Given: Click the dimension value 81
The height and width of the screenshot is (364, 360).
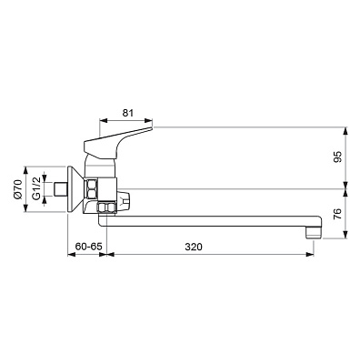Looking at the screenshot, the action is (x=127, y=113).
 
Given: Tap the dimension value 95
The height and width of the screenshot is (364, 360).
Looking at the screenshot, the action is (x=338, y=157).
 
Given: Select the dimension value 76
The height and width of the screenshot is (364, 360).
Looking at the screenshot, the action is (x=338, y=214).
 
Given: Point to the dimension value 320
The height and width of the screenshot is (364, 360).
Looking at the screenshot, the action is (x=194, y=247).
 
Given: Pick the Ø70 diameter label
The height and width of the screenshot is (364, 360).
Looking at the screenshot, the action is (x=17, y=189).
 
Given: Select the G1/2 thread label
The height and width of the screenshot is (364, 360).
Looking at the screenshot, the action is (x=36, y=188).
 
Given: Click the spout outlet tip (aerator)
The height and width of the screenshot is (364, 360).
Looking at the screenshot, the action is (x=314, y=233).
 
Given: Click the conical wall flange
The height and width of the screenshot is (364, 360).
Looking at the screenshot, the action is (x=75, y=189).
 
